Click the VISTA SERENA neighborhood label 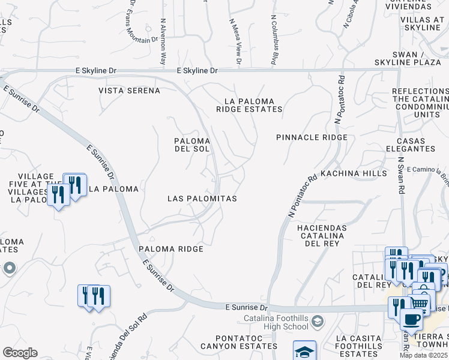(x=130, y=91)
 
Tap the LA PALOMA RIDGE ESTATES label (x=249, y=106)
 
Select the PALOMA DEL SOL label (x=192, y=144)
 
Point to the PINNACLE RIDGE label (x=312, y=137)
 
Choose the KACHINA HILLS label (x=354, y=173)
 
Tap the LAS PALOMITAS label (x=202, y=198)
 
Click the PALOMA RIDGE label (x=171, y=248)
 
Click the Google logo (x=20, y=353)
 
